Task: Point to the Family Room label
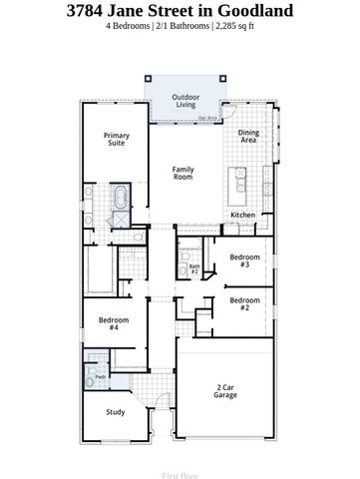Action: pyautogui.click(x=183, y=174)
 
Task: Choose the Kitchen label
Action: pyautogui.click(x=243, y=216)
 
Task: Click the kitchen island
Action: pyautogui.click(x=239, y=183)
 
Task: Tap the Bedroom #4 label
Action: pyautogui.click(x=114, y=323)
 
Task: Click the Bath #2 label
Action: pyautogui.click(x=195, y=268)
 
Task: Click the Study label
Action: pyautogui.click(x=117, y=411)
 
